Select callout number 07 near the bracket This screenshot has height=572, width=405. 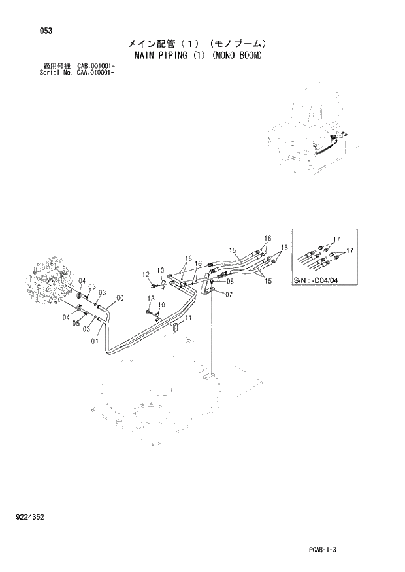click(229, 295)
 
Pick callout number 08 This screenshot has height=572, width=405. click(230, 282)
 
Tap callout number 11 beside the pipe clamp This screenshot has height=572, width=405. click(188, 318)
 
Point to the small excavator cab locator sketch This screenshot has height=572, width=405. click(310, 141)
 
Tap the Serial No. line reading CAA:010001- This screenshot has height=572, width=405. click(76, 72)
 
